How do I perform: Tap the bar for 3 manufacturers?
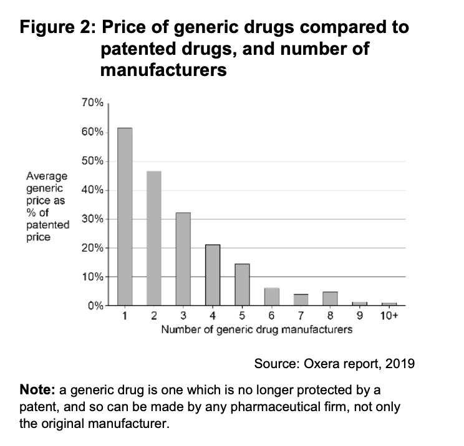click(x=183, y=259)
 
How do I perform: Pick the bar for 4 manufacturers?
click(x=213, y=275)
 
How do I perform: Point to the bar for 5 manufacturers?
click(x=242, y=285)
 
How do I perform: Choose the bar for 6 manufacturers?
click(x=271, y=297)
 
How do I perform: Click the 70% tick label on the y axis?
click(x=92, y=103)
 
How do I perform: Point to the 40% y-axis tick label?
click(x=92, y=190)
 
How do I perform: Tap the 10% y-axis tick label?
click(x=92, y=277)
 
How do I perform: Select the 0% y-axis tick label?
click(x=95, y=306)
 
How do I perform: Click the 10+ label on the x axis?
click(x=389, y=316)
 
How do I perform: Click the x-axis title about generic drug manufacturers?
click(x=256, y=329)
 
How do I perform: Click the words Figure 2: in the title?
click(x=57, y=29)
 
